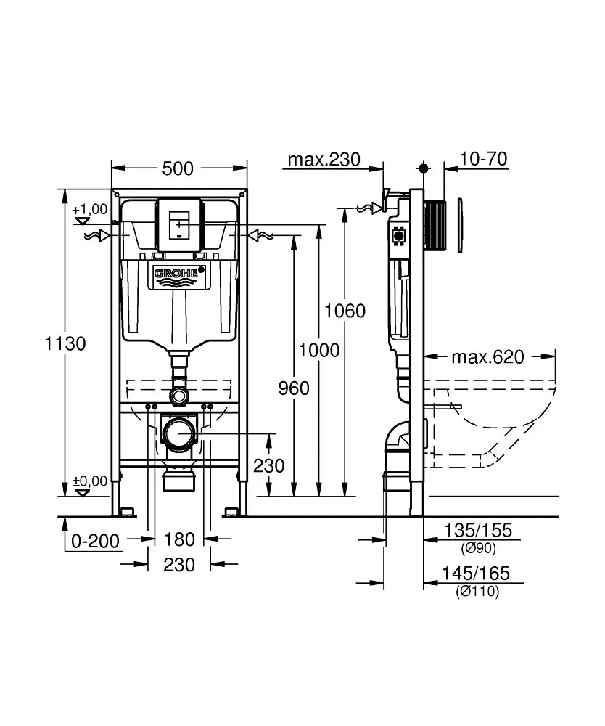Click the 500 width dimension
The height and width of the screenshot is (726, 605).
pyautogui.click(x=178, y=168)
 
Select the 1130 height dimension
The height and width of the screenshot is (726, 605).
pyautogui.click(x=65, y=343)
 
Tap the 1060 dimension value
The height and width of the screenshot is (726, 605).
pyautogui.click(x=345, y=311)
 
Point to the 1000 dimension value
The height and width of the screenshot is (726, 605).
pyautogui.click(x=318, y=351)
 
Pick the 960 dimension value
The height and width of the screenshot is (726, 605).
pyautogui.click(x=294, y=388)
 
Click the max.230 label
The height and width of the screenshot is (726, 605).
pyautogui.click(x=324, y=159)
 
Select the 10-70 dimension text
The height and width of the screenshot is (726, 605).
pyautogui.click(x=483, y=159)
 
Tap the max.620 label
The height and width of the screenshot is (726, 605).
pyautogui.click(x=487, y=356)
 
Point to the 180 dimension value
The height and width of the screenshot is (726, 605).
pyautogui.click(x=180, y=539)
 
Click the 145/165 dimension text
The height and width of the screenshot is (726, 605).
pyautogui.click(x=476, y=574)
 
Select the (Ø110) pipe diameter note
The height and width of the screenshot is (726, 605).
pyautogui.click(x=477, y=592)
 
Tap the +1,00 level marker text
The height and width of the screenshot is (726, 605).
pyautogui.click(x=90, y=209)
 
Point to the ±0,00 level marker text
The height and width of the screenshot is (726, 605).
pyautogui.click(x=90, y=481)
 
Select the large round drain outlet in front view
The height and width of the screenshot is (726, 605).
pyautogui.click(x=178, y=435)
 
